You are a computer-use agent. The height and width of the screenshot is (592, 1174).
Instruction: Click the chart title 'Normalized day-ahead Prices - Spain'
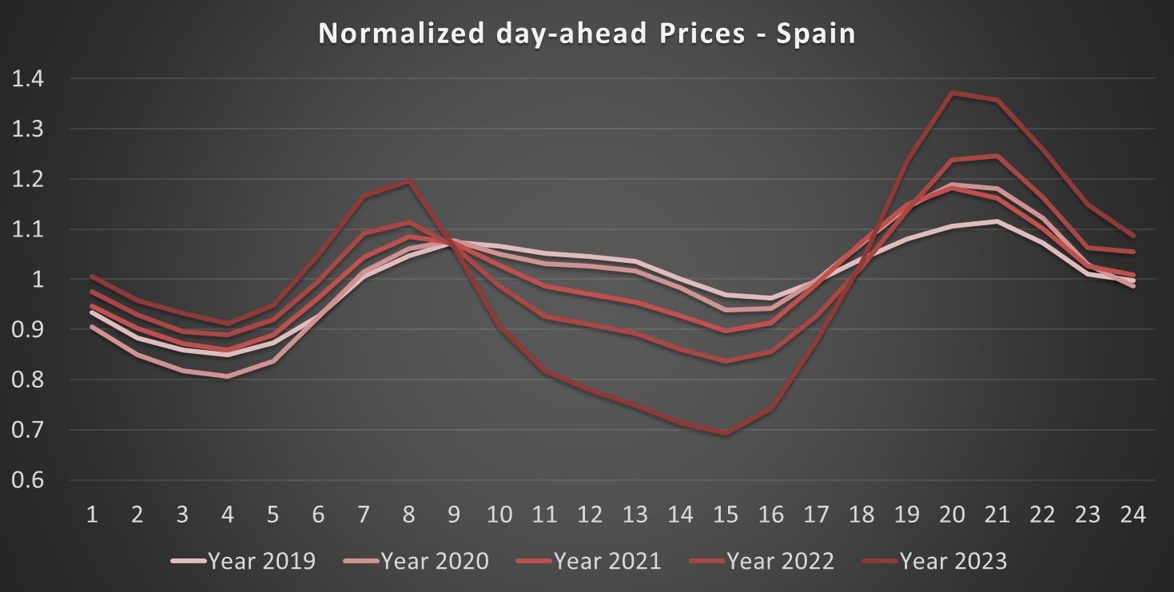587,34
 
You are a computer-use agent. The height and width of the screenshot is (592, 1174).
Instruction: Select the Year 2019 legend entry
244,561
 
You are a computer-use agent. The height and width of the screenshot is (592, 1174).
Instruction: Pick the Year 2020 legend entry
416,561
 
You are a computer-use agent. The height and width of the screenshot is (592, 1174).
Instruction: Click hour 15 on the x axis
725,515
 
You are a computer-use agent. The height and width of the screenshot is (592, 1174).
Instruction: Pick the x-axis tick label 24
1132,515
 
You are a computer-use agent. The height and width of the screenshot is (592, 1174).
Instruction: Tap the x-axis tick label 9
454,515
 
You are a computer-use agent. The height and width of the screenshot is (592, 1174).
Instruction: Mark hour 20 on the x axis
951,515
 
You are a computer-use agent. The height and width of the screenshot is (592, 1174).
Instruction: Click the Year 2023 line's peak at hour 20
951,93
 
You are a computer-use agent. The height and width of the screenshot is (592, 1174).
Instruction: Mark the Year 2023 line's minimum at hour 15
725,434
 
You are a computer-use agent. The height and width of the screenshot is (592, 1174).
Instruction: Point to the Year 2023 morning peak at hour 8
408,182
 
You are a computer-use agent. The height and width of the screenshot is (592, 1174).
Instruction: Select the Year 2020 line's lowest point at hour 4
228,376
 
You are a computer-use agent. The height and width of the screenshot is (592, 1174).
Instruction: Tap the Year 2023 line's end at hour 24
1132,236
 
